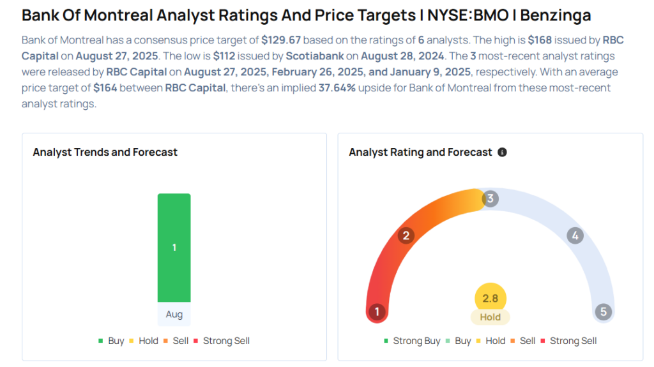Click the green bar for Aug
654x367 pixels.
(174, 247)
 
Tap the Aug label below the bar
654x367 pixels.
(174, 315)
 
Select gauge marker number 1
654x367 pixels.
(377, 312)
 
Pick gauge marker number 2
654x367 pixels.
(405, 236)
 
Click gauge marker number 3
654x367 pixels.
(490, 198)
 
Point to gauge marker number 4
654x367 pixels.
(575, 236)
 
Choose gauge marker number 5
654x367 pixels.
(602, 312)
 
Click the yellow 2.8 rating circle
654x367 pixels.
(490, 298)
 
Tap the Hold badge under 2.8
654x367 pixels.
(490, 317)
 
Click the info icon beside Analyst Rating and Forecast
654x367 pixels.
(502, 153)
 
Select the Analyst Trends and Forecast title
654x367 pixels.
(105, 153)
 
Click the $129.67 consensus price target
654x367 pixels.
(282, 40)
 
